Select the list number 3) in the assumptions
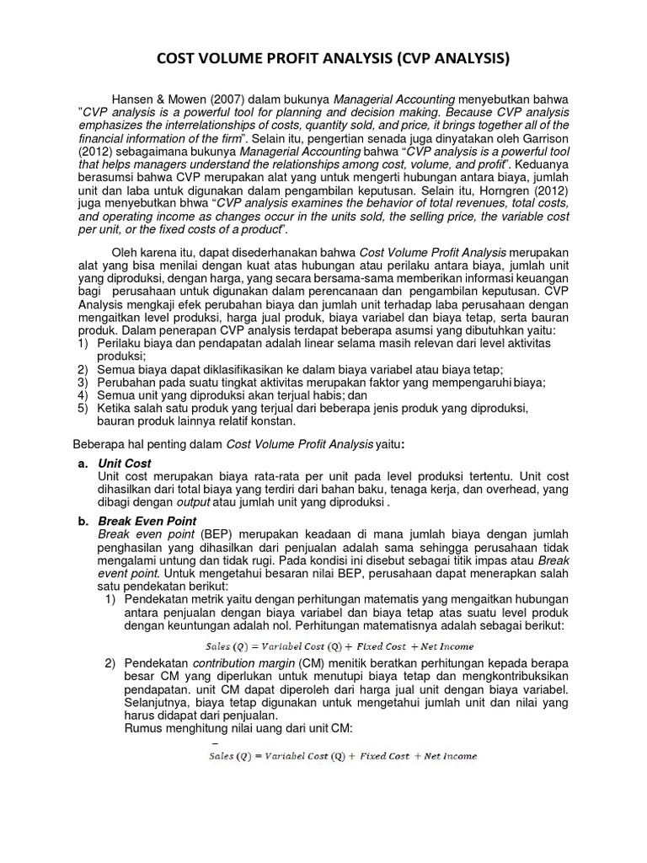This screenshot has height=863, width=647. [x=83, y=382]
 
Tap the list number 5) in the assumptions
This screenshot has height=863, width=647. [x=83, y=409]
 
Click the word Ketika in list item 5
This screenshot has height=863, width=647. [x=115, y=409]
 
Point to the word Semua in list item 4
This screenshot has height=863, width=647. [x=115, y=395]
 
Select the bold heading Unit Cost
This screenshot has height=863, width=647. [x=125, y=464]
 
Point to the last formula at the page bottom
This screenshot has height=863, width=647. [x=342, y=757]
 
